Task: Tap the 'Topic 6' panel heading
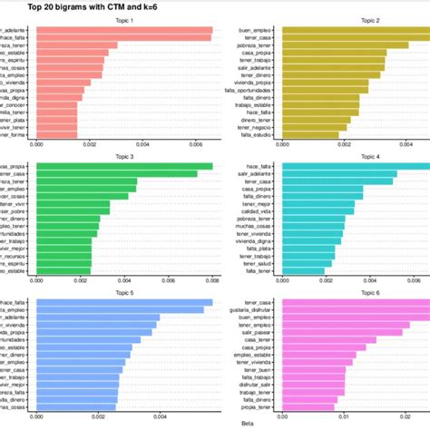pyautogui.click(x=353, y=291)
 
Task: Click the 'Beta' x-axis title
pyautogui.click(x=247, y=423)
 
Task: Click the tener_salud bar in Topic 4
pyautogui.click(x=308, y=262)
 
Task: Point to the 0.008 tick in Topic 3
pyautogui.click(x=212, y=280)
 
